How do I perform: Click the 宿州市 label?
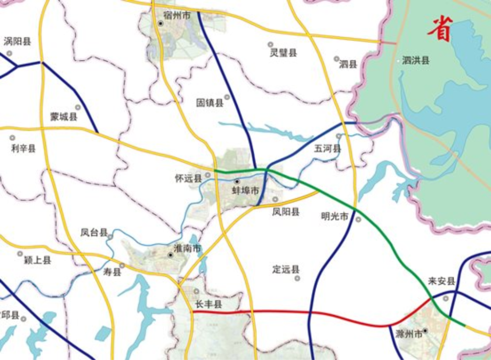point(177,16)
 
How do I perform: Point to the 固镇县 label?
point(210,103)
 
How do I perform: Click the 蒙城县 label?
point(63,117)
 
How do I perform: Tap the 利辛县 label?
point(24,148)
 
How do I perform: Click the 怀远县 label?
point(188,178)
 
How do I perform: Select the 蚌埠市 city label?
point(245,191)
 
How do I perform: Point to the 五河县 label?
point(327,149)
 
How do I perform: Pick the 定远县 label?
point(286,269)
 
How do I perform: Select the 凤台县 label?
point(94,233)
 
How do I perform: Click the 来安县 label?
point(441,281)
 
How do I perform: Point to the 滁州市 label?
point(409,334)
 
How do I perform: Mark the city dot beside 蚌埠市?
point(237,182)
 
